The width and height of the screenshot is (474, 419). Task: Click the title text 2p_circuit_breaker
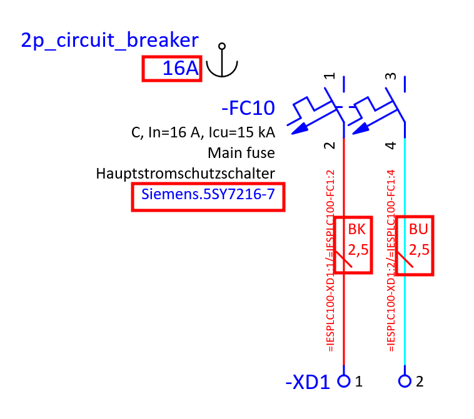(109, 40)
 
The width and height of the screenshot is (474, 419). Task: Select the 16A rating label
(179, 69)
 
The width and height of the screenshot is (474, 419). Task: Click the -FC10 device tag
(248, 109)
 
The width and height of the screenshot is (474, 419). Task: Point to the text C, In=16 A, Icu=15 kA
(203, 132)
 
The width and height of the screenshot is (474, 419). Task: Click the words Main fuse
(241, 152)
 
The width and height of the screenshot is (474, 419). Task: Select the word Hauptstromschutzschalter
(185, 173)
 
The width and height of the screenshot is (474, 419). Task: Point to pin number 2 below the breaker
(330, 145)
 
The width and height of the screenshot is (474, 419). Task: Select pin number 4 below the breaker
(391, 145)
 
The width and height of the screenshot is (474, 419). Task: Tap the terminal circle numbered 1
(344, 380)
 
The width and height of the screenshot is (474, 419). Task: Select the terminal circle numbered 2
(405, 380)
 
